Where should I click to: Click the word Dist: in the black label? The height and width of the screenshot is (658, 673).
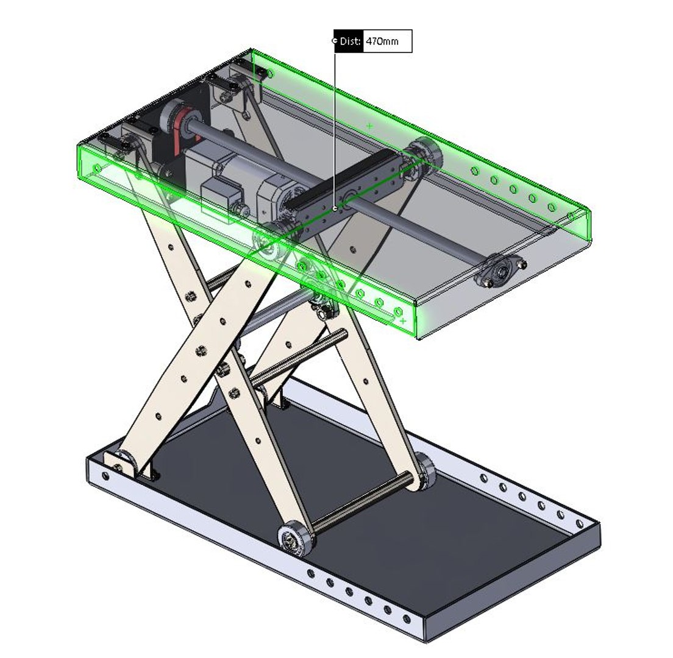tap(349, 41)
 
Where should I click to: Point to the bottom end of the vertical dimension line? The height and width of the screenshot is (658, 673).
tap(335, 208)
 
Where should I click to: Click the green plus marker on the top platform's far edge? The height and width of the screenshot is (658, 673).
tap(369, 126)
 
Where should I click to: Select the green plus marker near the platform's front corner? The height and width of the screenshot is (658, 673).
tap(402, 320)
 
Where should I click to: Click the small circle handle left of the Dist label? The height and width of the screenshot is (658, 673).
tap(334, 41)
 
